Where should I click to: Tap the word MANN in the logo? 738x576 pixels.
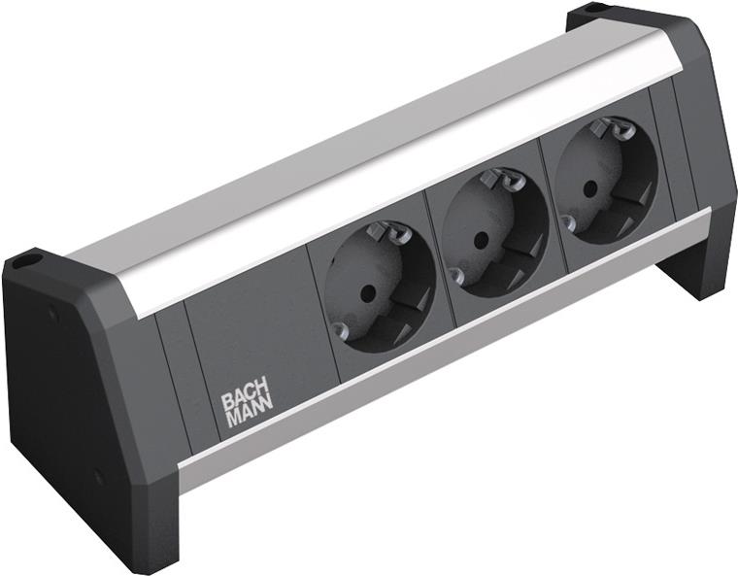tap(250, 417)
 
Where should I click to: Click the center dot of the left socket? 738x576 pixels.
tap(364, 295)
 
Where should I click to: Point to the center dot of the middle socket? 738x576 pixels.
tap(480, 239)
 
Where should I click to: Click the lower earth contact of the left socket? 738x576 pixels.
tap(339, 329)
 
